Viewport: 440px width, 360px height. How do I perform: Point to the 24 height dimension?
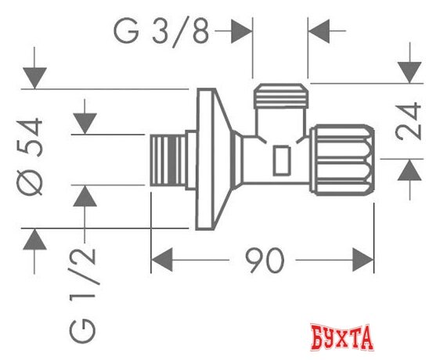(x=409, y=120)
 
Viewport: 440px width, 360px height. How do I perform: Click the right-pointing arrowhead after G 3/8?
(x=242, y=34)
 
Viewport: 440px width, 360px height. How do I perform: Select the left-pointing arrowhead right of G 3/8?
(x=319, y=34)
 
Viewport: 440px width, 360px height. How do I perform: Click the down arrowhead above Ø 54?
(x=34, y=78)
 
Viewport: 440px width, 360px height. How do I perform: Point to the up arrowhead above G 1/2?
(x=85, y=196)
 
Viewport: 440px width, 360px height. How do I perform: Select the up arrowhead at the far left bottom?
(x=34, y=239)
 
